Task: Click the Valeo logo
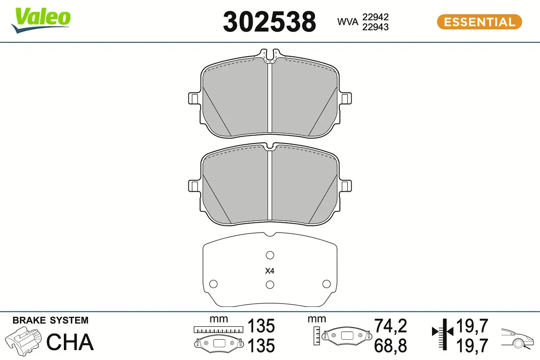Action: click(x=41, y=20)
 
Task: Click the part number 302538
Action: click(x=269, y=22)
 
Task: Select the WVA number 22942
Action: click(x=375, y=17)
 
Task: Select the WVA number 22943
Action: click(x=375, y=27)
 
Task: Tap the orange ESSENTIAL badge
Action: click(x=479, y=22)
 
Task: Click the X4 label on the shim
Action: click(x=270, y=271)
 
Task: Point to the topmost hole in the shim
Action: click(x=270, y=255)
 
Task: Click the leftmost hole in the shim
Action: click(x=213, y=284)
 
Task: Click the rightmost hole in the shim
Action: click(x=326, y=284)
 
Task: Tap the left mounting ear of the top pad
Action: click(x=194, y=99)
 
